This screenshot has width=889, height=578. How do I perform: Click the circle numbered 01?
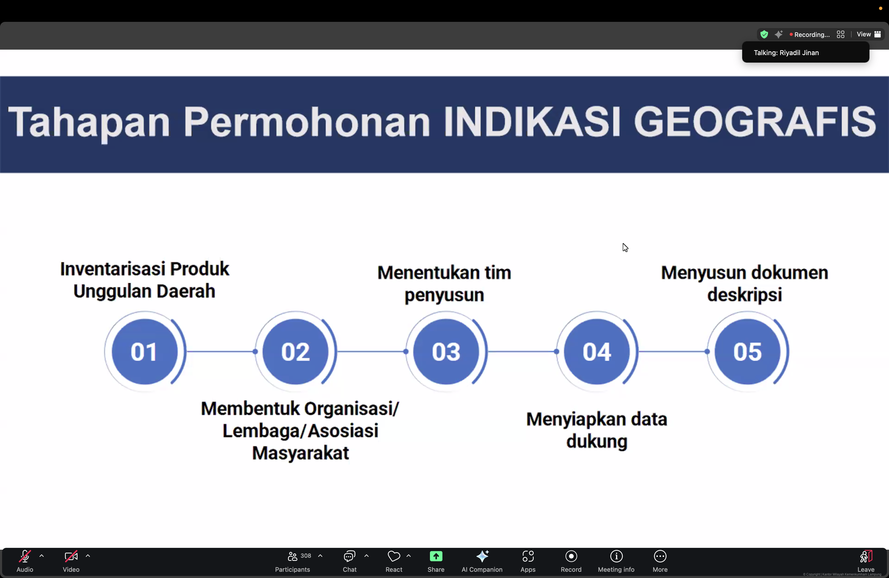[145, 351]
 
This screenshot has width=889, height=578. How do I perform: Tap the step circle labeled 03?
[446, 351]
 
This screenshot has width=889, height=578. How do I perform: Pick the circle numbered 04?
[597, 351]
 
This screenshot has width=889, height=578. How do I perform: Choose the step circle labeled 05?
[747, 351]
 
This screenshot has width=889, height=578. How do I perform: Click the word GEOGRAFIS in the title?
[755, 121]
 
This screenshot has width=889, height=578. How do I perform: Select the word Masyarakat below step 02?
[300, 453]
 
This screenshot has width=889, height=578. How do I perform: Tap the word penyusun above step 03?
[444, 295]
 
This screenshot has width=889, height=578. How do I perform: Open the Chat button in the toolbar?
[350, 561]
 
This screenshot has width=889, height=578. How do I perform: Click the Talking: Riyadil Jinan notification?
[805, 53]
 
